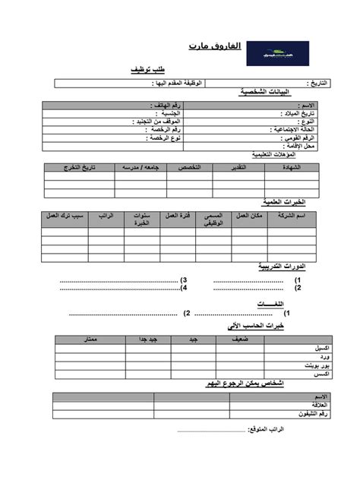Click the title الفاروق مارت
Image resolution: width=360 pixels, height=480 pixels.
pyautogui.click(x=215, y=47)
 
